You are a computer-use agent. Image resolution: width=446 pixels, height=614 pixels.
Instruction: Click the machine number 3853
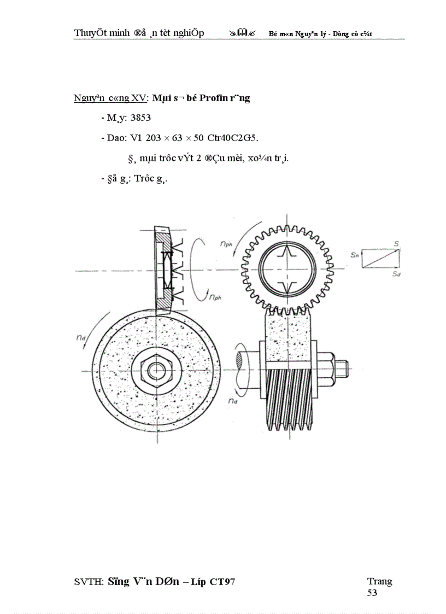(140, 118)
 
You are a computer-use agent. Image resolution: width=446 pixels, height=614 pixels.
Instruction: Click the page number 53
(372, 592)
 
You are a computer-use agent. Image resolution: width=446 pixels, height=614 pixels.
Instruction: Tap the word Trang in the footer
(379, 581)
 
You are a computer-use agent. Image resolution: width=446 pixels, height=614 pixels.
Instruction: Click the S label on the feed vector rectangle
(395, 244)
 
